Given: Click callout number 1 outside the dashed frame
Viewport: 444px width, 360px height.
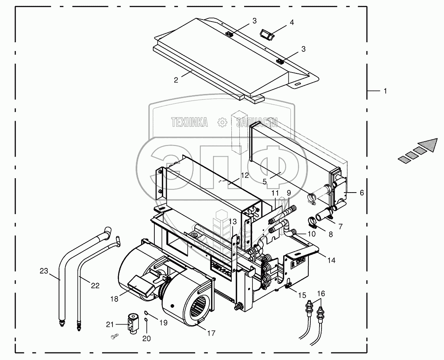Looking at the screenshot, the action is coord(385,91).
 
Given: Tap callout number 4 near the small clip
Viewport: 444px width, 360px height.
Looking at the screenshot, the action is coord(292,22).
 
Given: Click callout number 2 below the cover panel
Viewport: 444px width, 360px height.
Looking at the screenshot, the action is coord(176,80).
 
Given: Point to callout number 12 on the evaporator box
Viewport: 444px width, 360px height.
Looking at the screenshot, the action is coord(245,175).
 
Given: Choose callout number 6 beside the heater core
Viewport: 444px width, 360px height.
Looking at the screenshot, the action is coord(361,193).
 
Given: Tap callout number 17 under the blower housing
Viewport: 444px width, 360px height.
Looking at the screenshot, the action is coord(211,333).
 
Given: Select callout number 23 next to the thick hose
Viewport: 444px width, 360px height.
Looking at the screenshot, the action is coord(44,271).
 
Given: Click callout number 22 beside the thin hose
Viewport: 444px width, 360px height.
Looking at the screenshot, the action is coord(95,285).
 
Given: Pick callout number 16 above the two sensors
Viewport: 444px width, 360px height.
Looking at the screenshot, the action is coord(321,293).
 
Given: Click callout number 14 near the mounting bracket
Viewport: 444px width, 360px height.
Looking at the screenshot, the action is coord(331,260).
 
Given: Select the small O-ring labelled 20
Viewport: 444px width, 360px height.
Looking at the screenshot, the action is coord(146,319).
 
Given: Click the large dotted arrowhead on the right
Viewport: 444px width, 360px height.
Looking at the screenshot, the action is coord(427,145).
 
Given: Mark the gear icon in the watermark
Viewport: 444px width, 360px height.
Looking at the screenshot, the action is coord(222,122).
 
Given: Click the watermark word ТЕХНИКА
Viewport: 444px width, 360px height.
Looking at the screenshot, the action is coord(189,122).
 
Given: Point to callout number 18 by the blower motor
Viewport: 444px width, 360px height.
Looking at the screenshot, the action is coord(114,299).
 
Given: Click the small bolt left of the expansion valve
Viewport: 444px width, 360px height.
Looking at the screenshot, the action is coord(114,336).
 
